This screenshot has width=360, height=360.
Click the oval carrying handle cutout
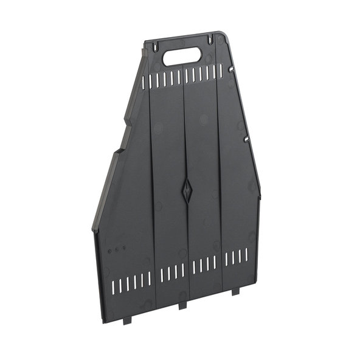pyautogui.click(x=182, y=56)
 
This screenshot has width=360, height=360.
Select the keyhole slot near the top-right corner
pyautogui.click(x=211, y=39)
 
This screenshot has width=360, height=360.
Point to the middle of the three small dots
pyautogui.click(x=117, y=249)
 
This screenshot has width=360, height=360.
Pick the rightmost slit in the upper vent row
pyautogui.click(x=221, y=71)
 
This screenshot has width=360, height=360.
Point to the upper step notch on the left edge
pyautogui.click(x=144, y=58)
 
